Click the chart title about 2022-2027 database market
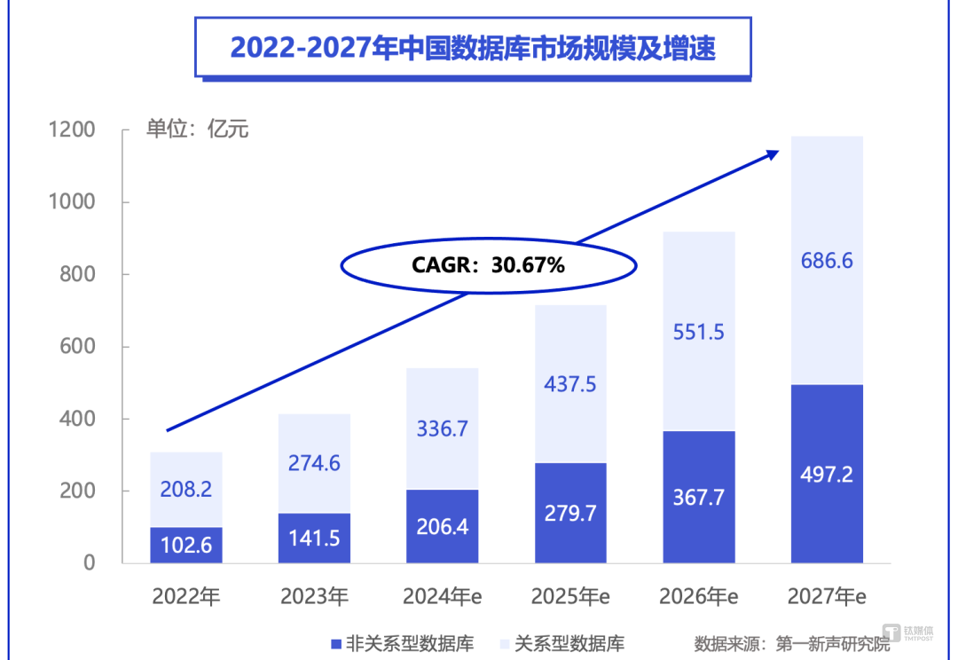[472, 48]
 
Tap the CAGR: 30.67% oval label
[489, 263]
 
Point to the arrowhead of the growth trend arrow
[772, 154]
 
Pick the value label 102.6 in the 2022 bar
[186, 545]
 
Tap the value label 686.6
[826, 261]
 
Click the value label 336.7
[442, 429]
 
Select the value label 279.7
[569, 512]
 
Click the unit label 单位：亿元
[197, 130]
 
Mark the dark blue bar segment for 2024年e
[442, 526]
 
